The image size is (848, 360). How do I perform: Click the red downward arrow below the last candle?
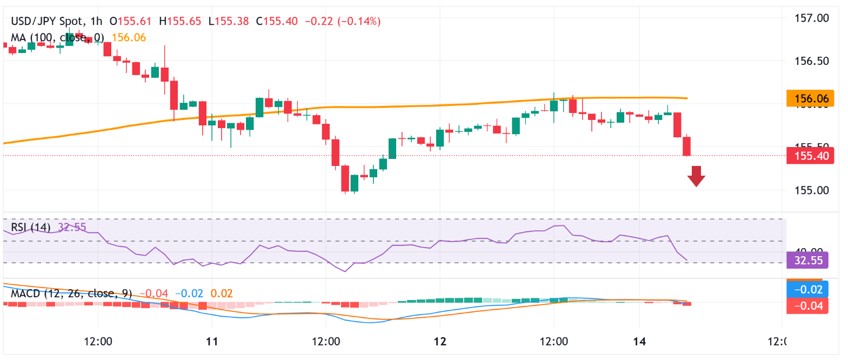pyautogui.click(x=696, y=176)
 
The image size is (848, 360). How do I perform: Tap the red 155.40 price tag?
pyautogui.click(x=811, y=156)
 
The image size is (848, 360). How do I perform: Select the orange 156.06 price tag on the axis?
pyautogui.click(x=811, y=98)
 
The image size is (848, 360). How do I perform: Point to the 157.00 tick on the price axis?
pyautogui.click(x=811, y=18)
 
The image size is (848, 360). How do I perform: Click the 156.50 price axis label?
pyautogui.click(x=811, y=61)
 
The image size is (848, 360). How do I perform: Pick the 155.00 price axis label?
pyautogui.click(x=811, y=190)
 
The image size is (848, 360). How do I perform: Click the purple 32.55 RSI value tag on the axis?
pyautogui.click(x=808, y=261)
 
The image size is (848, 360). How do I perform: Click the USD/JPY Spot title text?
pyautogui.click(x=47, y=22)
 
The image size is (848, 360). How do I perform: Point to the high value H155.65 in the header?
pyautogui.click(x=180, y=22)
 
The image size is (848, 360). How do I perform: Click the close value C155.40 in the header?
pyautogui.click(x=277, y=22)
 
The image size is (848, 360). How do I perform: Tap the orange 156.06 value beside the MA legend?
pyautogui.click(x=129, y=37)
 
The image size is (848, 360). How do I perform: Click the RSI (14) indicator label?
pyautogui.click(x=31, y=227)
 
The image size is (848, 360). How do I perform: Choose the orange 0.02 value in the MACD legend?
pyautogui.click(x=222, y=294)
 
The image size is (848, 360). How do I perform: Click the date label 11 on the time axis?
pyautogui.click(x=212, y=342)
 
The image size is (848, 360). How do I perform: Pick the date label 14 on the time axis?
pyautogui.click(x=639, y=342)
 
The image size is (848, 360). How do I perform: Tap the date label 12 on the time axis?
pyautogui.click(x=440, y=342)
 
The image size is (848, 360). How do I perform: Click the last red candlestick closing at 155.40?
pyautogui.click(x=687, y=146)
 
